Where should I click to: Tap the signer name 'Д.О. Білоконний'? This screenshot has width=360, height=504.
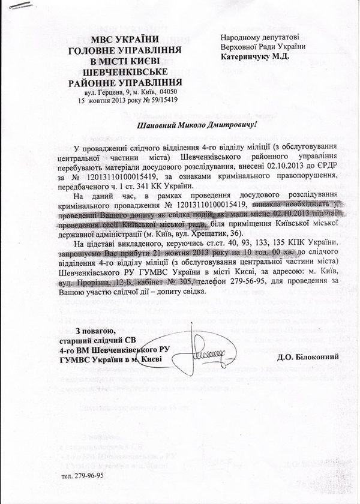(308, 357)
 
